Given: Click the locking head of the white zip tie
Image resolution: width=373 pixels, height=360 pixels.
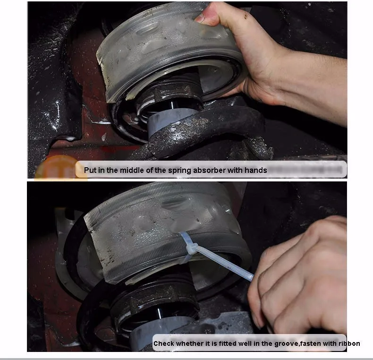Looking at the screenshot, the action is point(192,248).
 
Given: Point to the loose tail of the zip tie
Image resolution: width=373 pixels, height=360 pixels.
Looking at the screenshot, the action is point(226,264).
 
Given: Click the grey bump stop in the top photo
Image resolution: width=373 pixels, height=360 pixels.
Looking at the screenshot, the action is point(170,120).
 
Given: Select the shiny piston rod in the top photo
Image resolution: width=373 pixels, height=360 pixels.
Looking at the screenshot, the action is point(171,105).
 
